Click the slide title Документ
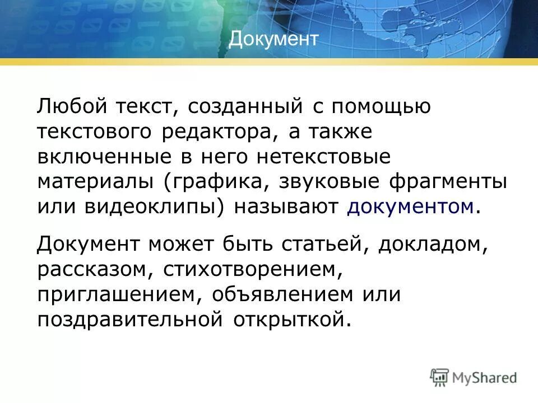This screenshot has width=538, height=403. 273,39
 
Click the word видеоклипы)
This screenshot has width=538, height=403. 156,207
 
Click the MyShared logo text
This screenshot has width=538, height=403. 485,378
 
